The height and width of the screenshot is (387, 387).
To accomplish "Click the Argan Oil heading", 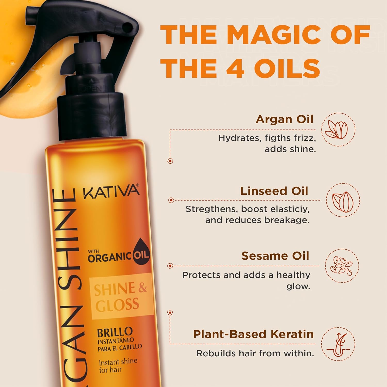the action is click(284, 119).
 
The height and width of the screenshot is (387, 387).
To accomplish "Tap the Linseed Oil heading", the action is click(274, 191).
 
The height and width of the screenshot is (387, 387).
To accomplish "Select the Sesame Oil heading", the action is click(275, 256).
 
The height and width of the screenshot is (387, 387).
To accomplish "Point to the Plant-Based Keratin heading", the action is click(253, 334).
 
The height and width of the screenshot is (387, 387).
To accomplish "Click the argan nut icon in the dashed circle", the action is click(338, 130).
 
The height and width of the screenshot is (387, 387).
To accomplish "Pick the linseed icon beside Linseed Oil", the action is click(343, 200).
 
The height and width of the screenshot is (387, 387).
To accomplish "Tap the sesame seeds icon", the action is click(342, 265).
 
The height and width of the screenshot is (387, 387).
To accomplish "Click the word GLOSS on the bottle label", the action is click(117, 305).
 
